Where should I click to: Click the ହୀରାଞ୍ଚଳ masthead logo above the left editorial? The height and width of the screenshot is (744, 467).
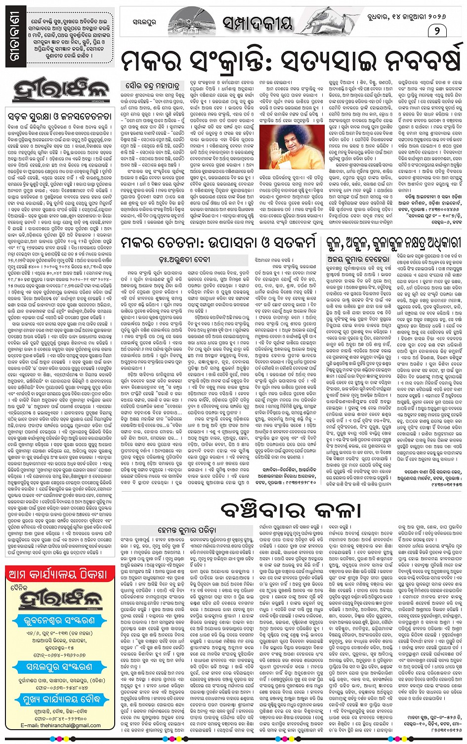coord(60,90)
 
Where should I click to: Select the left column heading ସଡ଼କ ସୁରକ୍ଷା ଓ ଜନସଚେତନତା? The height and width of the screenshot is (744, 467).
coord(61,117)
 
